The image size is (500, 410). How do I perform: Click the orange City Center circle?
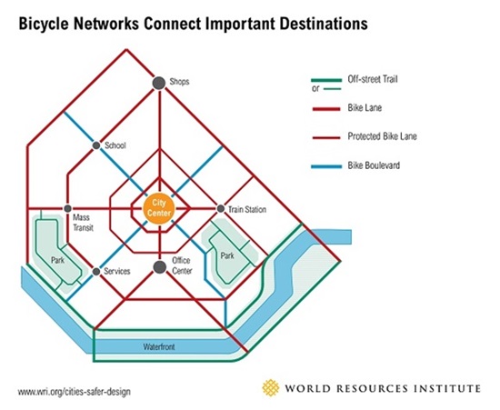click(x=159, y=209)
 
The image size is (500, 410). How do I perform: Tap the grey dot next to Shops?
click(x=159, y=84)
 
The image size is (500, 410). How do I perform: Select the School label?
click(x=115, y=145)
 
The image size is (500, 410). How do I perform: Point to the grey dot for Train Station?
click(x=220, y=209)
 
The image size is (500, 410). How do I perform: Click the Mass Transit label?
click(x=83, y=223)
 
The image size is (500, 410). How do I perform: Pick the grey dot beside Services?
click(x=96, y=272)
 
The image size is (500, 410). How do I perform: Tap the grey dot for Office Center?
click(x=159, y=267)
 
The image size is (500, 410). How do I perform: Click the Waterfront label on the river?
click(x=159, y=346)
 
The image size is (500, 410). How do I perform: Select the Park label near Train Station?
click(x=227, y=255)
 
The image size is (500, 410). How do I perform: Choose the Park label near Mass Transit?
click(x=57, y=260)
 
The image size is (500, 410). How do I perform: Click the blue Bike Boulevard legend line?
click(x=326, y=166)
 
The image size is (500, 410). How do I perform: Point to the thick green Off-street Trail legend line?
click(x=326, y=80)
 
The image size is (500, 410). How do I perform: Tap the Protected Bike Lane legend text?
click(x=382, y=136)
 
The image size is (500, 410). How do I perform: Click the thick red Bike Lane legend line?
click(x=326, y=109)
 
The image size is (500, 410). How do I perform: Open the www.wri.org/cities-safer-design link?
click(x=75, y=391)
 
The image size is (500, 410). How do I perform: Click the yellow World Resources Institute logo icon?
click(x=270, y=387)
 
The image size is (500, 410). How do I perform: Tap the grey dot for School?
click(x=96, y=145)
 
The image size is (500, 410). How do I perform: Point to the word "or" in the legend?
click(x=315, y=88)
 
